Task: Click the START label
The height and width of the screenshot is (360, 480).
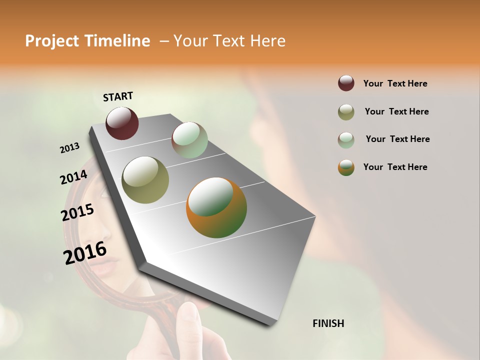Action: click(118, 96)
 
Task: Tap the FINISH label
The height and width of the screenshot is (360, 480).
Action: click(328, 323)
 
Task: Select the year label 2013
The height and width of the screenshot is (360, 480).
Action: click(69, 148)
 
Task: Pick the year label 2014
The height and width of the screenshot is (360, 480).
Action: click(73, 177)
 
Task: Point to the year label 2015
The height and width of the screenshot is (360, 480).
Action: click(77, 212)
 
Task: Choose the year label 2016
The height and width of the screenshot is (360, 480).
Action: click(85, 253)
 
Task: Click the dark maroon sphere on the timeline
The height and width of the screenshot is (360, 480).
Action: click(122, 123)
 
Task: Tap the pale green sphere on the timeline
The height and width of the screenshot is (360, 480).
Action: click(189, 140)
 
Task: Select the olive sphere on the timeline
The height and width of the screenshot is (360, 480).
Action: click(145, 179)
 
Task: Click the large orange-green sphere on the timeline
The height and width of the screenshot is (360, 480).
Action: click(216, 207)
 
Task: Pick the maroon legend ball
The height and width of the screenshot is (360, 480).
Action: click(346, 83)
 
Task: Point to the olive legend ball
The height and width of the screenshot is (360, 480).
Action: click(346, 112)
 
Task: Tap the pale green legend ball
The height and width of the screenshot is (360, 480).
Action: click(346, 139)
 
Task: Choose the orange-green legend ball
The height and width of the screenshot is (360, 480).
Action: click(346, 167)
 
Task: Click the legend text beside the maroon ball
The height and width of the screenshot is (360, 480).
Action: click(395, 83)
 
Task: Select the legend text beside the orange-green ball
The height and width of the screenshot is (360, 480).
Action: click(395, 167)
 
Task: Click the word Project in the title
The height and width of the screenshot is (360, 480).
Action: click(52, 41)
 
